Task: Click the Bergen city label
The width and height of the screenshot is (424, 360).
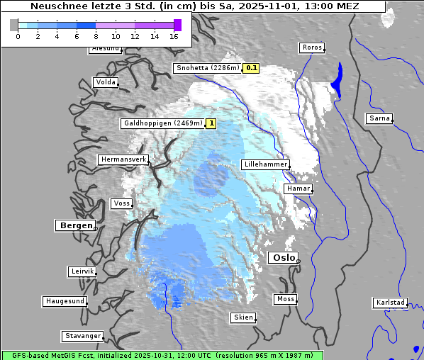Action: tap(74, 225)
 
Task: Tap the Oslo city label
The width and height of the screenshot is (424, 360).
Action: tap(284, 258)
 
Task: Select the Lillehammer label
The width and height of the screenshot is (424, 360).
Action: tap(265, 164)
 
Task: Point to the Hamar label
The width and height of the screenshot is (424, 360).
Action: tap(297, 189)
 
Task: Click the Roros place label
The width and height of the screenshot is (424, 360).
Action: tap(312, 48)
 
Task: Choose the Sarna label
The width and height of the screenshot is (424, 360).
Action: tap(379, 118)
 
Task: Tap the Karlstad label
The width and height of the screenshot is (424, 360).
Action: tap(390, 303)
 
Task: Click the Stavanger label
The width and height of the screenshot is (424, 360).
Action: tap(82, 336)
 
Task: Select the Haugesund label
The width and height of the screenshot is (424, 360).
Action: tap(65, 301)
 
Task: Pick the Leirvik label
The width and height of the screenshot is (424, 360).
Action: tap(82, 271)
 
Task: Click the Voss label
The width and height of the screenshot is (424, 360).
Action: tap(121, 203)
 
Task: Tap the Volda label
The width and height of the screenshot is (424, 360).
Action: tap(105, 82)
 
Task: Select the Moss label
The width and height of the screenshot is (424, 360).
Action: tap(285, 299)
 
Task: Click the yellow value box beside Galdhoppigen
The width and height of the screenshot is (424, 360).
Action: tap(211, 123)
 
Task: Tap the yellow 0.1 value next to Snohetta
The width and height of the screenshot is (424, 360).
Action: tap(251, 69)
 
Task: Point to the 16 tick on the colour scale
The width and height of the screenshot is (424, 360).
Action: tap(174, 36)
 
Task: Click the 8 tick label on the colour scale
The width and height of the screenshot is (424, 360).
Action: tap(96, 36)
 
